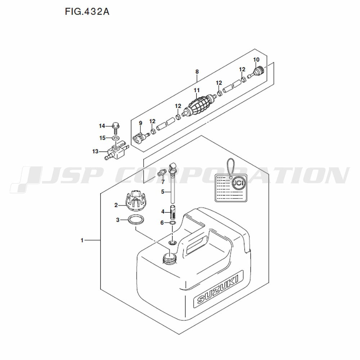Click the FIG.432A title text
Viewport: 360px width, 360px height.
tap(87, 12)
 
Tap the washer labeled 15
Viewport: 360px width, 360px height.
tap(115, 138)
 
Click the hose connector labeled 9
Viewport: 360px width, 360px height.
tap(140, 138)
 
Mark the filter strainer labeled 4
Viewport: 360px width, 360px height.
tap(173, 212)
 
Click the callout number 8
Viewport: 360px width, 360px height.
tap(197, 72)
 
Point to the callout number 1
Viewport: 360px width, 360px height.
tap(82, 240)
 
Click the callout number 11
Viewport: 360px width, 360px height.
tap(197, 90)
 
